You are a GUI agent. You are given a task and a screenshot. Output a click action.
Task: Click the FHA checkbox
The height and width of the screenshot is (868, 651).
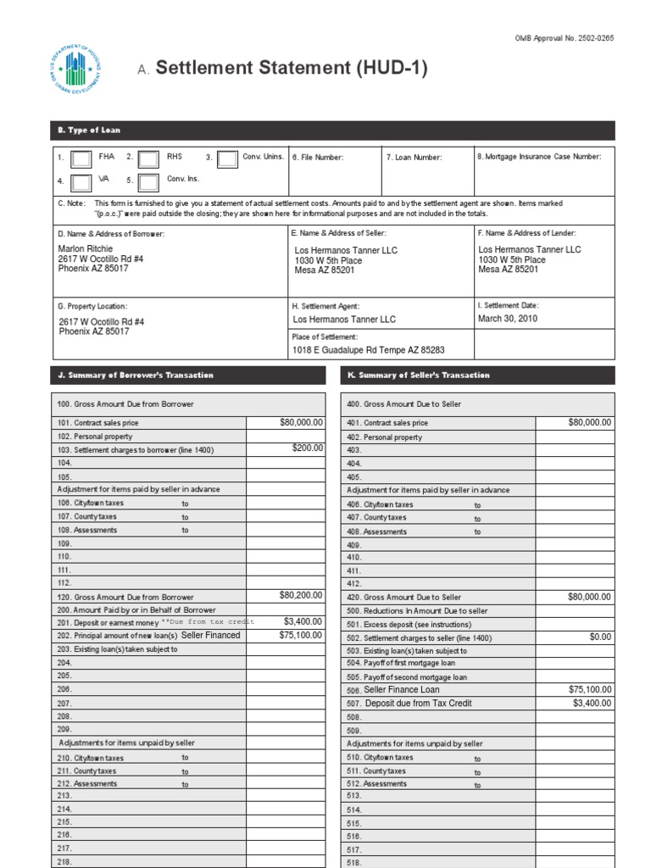(81, 159)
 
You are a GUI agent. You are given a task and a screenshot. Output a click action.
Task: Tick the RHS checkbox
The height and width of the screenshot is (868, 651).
(148, 159)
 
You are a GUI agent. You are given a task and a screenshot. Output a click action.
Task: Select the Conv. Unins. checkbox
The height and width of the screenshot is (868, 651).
(227, 159)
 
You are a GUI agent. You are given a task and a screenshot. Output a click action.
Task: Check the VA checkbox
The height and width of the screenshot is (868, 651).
(81, 182)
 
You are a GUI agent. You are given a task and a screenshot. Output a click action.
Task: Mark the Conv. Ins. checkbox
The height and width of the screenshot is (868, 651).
(148, 182)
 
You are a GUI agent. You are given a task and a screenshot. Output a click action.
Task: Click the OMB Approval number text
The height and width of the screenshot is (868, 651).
(564, 39)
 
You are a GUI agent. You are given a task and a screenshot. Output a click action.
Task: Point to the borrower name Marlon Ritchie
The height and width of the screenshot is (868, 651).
(86, 248)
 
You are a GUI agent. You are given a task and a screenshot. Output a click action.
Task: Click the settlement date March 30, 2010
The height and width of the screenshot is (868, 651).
(508, 319)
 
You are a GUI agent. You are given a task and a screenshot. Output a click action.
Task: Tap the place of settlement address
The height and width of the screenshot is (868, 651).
(369, 350)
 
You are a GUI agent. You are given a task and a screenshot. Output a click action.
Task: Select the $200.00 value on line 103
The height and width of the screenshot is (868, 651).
(308, 448)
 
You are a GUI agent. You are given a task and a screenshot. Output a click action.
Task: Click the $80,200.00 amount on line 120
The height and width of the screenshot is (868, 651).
(301, 596)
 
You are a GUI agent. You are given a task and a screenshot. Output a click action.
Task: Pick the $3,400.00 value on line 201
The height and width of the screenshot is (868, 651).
(303, 621)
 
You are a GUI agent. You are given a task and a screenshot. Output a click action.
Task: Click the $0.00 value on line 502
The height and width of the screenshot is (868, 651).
(600, 637)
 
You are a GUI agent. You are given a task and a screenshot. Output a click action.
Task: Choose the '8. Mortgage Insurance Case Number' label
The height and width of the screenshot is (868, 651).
(539, 157)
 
